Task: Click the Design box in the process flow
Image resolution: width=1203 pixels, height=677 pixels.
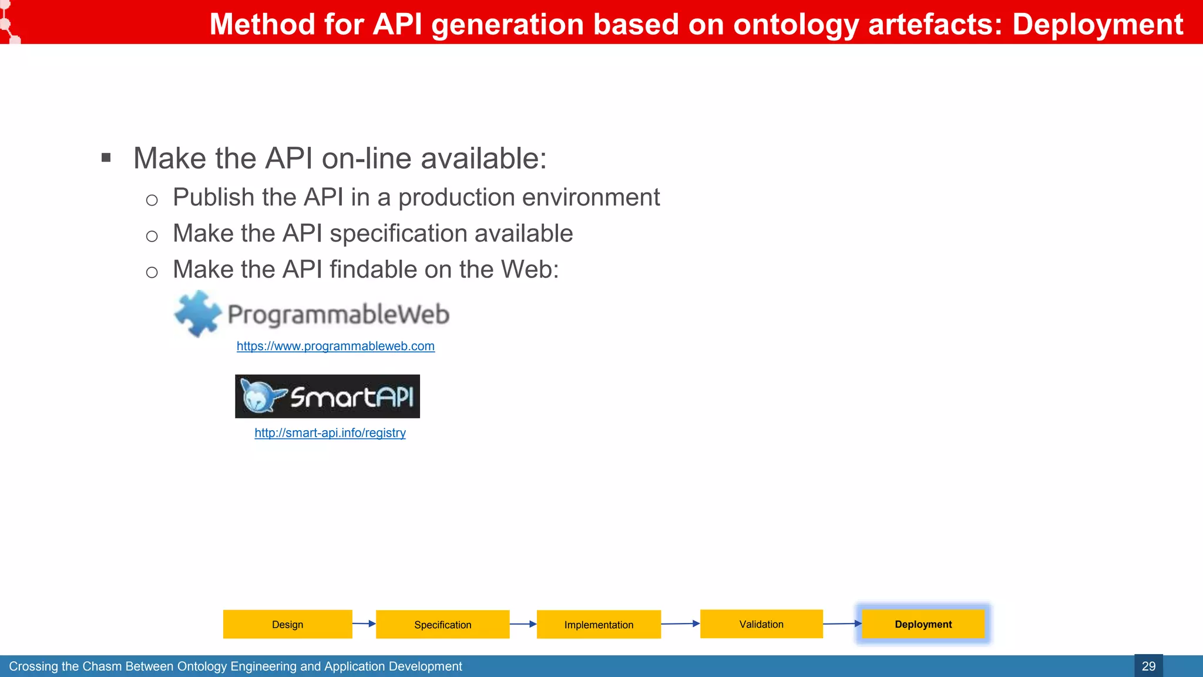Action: (x=287, y=624)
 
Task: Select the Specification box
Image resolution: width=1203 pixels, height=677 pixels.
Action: (x=442, y=624)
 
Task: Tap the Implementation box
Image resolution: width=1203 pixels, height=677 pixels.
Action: (x=599, y=624)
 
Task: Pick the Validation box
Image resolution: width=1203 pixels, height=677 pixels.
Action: (x=761, y=624)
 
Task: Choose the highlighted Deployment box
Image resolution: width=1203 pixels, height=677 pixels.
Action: (x=923, y=624)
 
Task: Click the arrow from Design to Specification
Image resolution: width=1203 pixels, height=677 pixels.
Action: (x=364, y=624)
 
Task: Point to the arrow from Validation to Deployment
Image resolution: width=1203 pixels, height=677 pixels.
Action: (x=842, y=624)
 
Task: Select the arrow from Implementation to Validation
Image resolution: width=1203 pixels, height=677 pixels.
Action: (x=680, y=624)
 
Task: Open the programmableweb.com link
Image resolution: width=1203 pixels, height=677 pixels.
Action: (x=335, y=346)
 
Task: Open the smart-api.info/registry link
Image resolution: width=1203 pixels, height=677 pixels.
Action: (x=330, y=433)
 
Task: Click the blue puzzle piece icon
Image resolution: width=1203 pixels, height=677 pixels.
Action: (x=197, y=314)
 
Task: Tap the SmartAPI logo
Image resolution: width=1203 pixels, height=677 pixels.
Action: (x=327, y=397)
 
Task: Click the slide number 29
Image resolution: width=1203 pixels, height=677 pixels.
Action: (x=1148, y=666)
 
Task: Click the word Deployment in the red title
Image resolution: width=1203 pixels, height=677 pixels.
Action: (x=1097, y=25)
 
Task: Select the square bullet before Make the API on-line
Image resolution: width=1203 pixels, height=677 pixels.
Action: (x=106, y=157)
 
